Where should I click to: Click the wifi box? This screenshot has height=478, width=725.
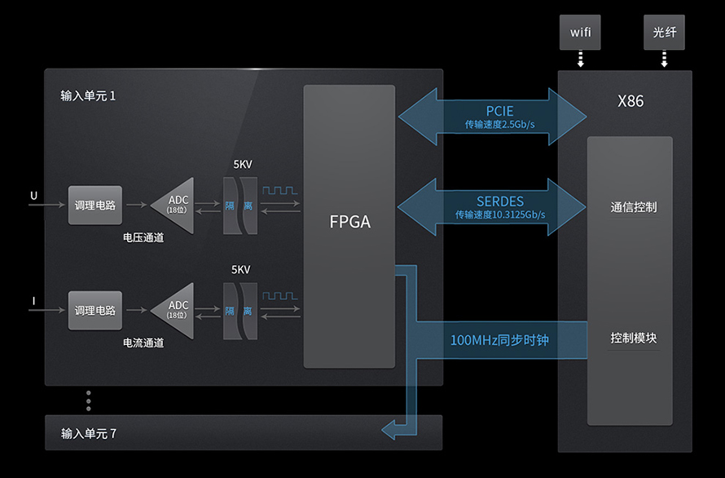(x=580, y=33)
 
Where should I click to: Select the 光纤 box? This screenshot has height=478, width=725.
(x=664, y=33)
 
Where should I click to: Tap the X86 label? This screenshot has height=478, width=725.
(x=631, y=102)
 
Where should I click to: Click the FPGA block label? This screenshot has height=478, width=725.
(x=349, y=221)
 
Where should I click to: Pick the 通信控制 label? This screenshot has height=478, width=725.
(x=634, y=207)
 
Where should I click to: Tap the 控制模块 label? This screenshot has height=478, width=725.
(x=634, y=338)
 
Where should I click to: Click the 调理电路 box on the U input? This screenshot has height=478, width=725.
(x=95, y=206)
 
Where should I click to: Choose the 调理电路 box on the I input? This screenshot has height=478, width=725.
(x=95, y=311)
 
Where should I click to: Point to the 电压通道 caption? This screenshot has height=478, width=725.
(x=143, y=238)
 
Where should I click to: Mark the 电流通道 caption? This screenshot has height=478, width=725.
(x=143, y=343)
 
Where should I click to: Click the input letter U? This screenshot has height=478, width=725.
(x=33, y=196)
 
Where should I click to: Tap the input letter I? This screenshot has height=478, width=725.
(x=33, y=302)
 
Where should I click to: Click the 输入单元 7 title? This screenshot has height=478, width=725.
(x=89, y=433)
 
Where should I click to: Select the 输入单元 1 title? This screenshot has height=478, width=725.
(x=89, y=95)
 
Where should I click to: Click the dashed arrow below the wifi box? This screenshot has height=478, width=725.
(x=580, y=60)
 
